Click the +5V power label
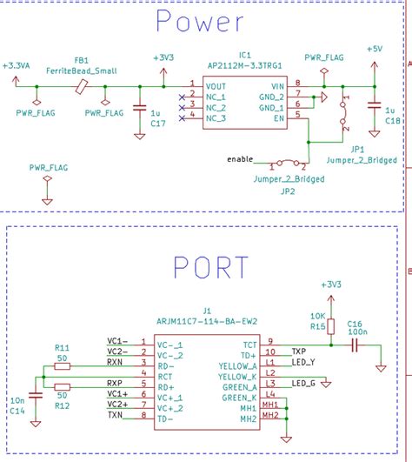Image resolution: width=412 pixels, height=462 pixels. click(374, 49)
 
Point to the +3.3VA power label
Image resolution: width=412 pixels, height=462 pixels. click(16, 65)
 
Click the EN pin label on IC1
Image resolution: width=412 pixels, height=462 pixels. click(278, 117)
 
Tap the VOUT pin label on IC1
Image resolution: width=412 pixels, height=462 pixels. click(216, 85)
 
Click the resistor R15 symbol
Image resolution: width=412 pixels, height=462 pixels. click(329, 326)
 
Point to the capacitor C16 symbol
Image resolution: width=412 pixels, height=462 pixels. click(355, 345)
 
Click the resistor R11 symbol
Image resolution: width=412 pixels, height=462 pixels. click(63, 365)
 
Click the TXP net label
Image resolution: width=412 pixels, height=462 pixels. click(297, 352)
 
